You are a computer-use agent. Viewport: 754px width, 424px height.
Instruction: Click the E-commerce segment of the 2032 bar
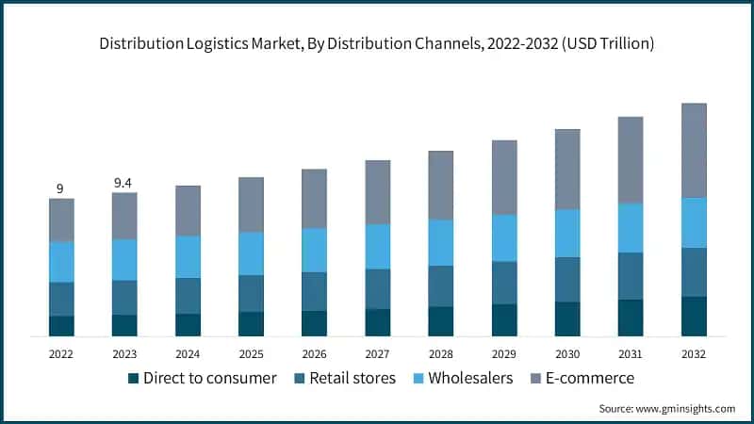click(694, 150)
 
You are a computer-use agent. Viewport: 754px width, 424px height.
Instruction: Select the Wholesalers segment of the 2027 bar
click(377, 246)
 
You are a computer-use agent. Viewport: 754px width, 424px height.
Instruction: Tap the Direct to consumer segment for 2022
click(61, 326)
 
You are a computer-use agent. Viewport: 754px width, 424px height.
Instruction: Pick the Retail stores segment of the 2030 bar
click(567, 279)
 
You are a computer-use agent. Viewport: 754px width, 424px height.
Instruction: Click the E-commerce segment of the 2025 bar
click(251, 204)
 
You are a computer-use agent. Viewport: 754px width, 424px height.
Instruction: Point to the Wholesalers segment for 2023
click(124, 259)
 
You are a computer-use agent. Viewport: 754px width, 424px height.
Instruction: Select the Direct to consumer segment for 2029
click(504, 319)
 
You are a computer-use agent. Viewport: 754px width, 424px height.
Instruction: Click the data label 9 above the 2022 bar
click(60, 188)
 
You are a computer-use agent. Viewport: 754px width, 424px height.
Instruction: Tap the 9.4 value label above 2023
click(123, 183)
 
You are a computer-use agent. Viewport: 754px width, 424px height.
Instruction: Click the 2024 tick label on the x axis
click(188, 353)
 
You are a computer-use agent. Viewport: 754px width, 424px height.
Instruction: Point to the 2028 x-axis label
click(440, 353)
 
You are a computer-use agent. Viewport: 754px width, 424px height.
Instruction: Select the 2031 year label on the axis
click(631, 353)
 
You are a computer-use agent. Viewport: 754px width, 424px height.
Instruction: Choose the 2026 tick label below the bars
click(314, 353)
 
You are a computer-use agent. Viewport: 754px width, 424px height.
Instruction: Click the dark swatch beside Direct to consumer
click(133, 379)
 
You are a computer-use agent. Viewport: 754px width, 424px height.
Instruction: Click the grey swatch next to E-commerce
click(534, 379)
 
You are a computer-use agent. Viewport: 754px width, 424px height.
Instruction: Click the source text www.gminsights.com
click(687, 408)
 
